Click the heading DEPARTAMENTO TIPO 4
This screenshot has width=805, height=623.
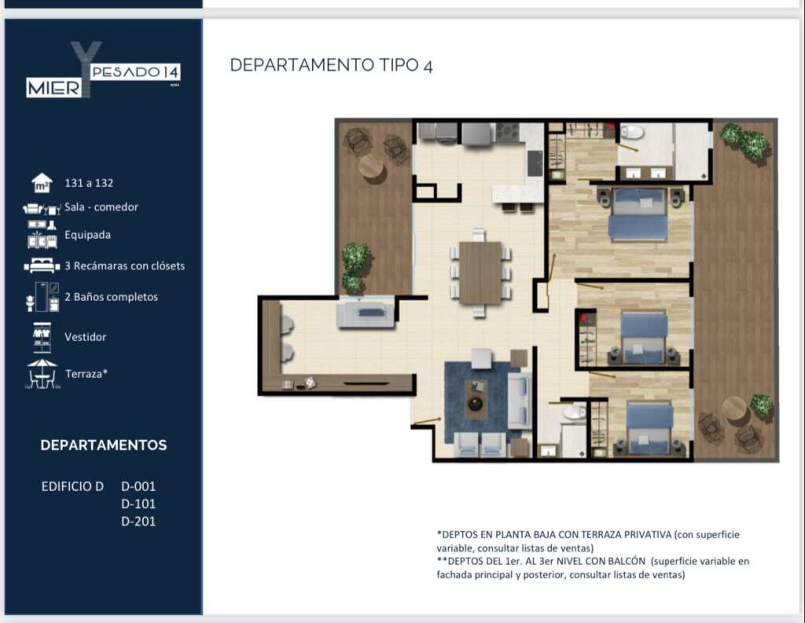pos(331,65)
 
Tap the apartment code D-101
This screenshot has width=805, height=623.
pos(138,504)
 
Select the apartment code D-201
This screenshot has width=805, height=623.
pos(138,521)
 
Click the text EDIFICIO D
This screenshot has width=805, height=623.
pos(72,486)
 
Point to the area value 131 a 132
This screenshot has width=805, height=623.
pos(89,183)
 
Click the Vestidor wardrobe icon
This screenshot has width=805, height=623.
pos(42,337)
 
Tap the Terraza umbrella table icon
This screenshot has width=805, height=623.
pos(42,374)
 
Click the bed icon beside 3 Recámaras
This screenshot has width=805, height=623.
pos(42,265)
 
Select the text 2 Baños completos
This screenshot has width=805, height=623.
pos(112,297)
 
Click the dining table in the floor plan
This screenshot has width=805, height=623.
pos(480,273)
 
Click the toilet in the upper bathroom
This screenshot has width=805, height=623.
pos(632,133)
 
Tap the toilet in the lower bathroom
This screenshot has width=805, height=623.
pos(572,412)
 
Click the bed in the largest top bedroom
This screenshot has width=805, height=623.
pos(638,215)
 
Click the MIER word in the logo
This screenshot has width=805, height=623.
pos(54,88)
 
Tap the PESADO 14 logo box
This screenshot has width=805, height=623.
pos(135,72)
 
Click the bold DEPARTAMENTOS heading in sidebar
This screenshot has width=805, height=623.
pos(104,445)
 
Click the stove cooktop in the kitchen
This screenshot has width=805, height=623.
pos(508,133)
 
